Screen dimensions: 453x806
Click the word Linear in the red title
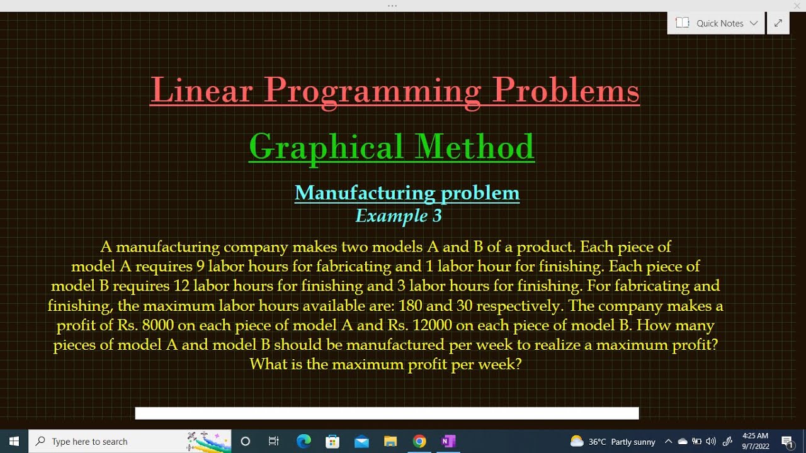201,90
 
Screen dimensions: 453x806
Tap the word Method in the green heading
475,147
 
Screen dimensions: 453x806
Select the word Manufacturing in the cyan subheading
365,193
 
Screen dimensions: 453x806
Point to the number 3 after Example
436,216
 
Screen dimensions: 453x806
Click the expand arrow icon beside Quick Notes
778,23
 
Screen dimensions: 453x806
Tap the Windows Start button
14,441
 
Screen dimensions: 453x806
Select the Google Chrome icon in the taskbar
419,441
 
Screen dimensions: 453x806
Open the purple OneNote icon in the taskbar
448,441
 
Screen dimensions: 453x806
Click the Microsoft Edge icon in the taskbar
304,441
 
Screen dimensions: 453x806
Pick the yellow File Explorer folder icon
390,441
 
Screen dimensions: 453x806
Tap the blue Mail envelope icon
361,441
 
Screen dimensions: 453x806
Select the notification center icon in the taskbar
787,441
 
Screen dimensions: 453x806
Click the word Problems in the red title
566,90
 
